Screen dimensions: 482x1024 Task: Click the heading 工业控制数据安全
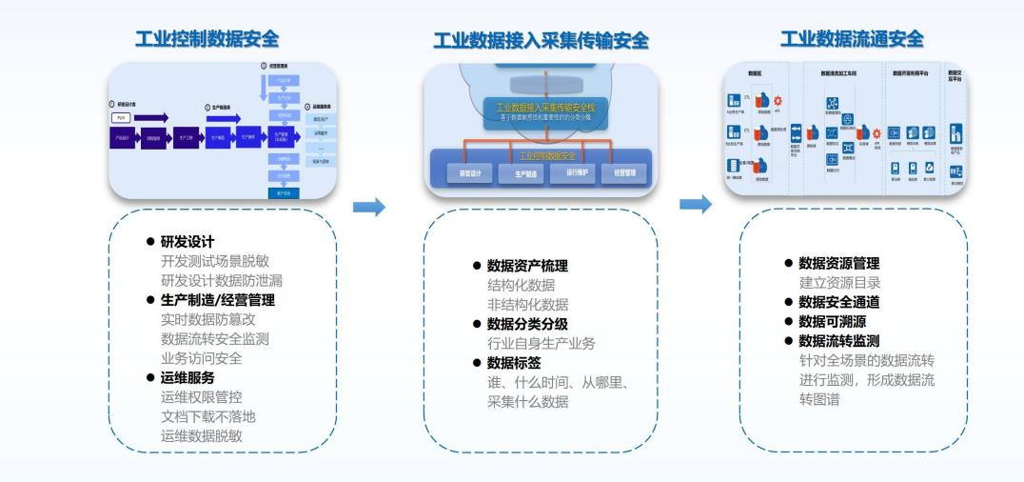207,39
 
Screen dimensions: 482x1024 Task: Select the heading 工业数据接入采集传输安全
540,40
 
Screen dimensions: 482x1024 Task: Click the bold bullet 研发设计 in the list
187,242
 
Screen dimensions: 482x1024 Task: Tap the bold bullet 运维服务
187,378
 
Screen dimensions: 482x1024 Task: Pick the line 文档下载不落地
207,416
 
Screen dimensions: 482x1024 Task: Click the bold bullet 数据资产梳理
526,266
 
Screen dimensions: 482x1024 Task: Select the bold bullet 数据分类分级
526,324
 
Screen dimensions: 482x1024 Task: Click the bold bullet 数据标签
514,363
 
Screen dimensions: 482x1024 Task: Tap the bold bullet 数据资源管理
838,263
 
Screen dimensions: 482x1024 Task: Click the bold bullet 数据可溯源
832,321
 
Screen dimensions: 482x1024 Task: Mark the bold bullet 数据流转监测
838,341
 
